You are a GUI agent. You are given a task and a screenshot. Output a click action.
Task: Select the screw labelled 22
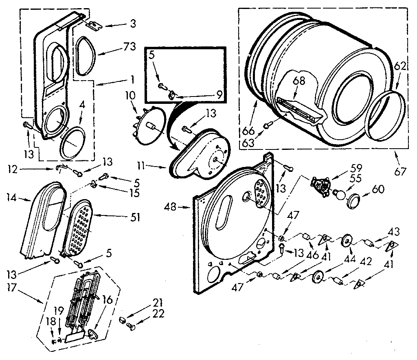(x=130, y=325)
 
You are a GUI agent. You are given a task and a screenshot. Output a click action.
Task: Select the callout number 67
(x=400, y=171)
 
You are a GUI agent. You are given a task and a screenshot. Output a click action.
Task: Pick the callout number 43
(x=393, y=232)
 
